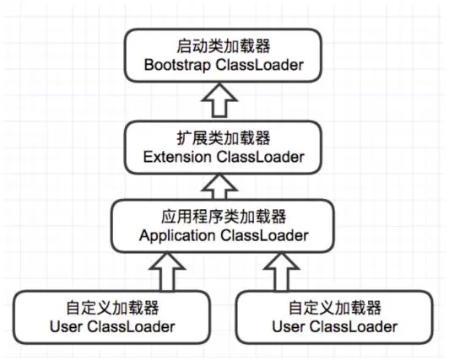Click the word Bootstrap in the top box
point(177,65)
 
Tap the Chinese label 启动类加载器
point(224,46)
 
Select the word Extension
point(177,157)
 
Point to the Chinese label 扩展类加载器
point(224,138)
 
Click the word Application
point(177,236)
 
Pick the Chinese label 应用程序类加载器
point(224,217)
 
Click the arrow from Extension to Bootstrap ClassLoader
point(219,100)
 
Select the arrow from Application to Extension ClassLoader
point(219,187)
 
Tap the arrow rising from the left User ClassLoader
point(167,272)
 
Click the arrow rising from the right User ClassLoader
point(282,272)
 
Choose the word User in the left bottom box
point(66,327)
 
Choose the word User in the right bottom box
point(289,327)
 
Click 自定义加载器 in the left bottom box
point(112,308)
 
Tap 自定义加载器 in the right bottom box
point(335,308)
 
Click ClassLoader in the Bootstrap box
point(260,65)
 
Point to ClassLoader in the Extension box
point(260,157)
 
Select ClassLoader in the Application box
point(264,236)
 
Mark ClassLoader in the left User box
point(132,327)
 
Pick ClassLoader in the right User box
point(354,327)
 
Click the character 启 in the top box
point(184,46)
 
